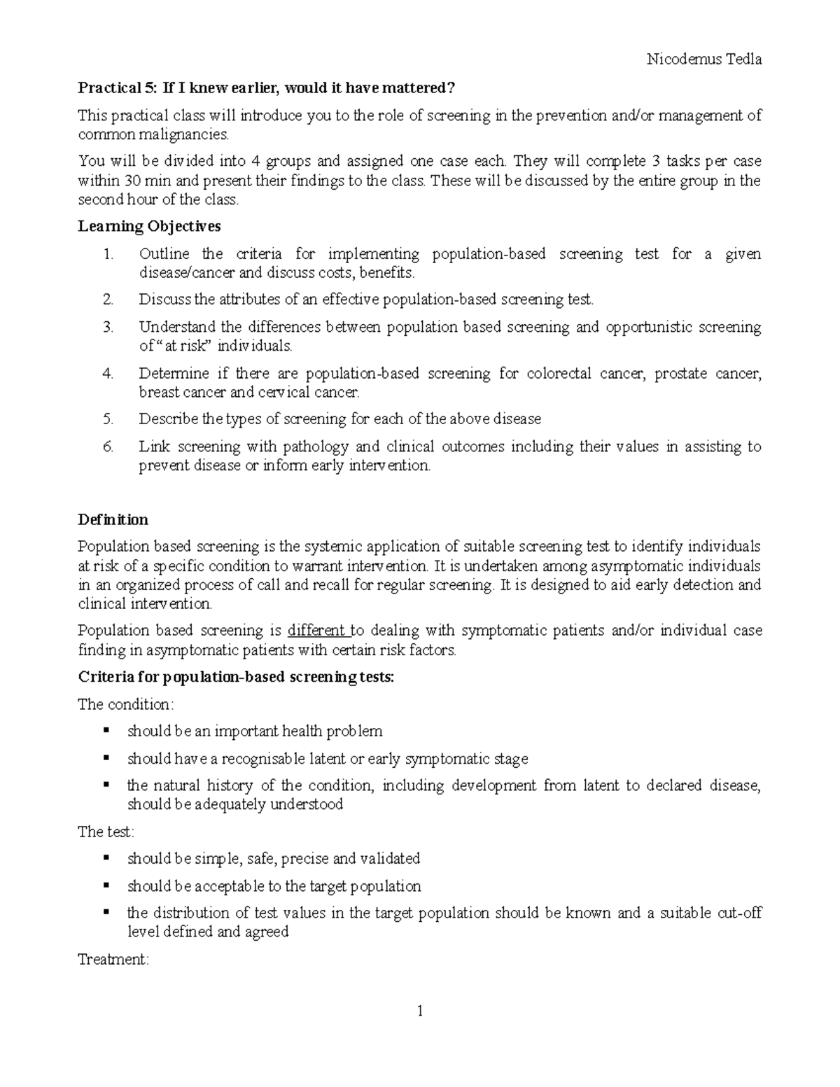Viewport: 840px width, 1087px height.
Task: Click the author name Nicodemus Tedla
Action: tap(704, 59)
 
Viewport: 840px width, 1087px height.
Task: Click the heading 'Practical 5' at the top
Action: tap(266, 88)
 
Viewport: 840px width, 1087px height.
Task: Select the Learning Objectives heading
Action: tap(149, 226)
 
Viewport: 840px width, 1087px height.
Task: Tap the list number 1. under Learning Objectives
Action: tap(108, 254)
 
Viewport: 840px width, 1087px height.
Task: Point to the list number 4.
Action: tap(108, 374)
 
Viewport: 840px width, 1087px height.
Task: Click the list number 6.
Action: tap(108, 447)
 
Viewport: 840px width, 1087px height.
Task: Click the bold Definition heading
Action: tap(113, 519)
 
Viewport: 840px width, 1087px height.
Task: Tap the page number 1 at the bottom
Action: tap(420, 1011)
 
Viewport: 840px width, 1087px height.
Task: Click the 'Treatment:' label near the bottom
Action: tap(113, 960)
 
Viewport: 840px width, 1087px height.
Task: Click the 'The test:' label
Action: tap(106, 832)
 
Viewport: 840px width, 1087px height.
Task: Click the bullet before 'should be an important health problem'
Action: tap(106, 731)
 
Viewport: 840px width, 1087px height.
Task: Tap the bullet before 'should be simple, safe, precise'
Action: tap(106, 858)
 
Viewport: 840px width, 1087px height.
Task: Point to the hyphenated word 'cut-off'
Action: tap(739, 913)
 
